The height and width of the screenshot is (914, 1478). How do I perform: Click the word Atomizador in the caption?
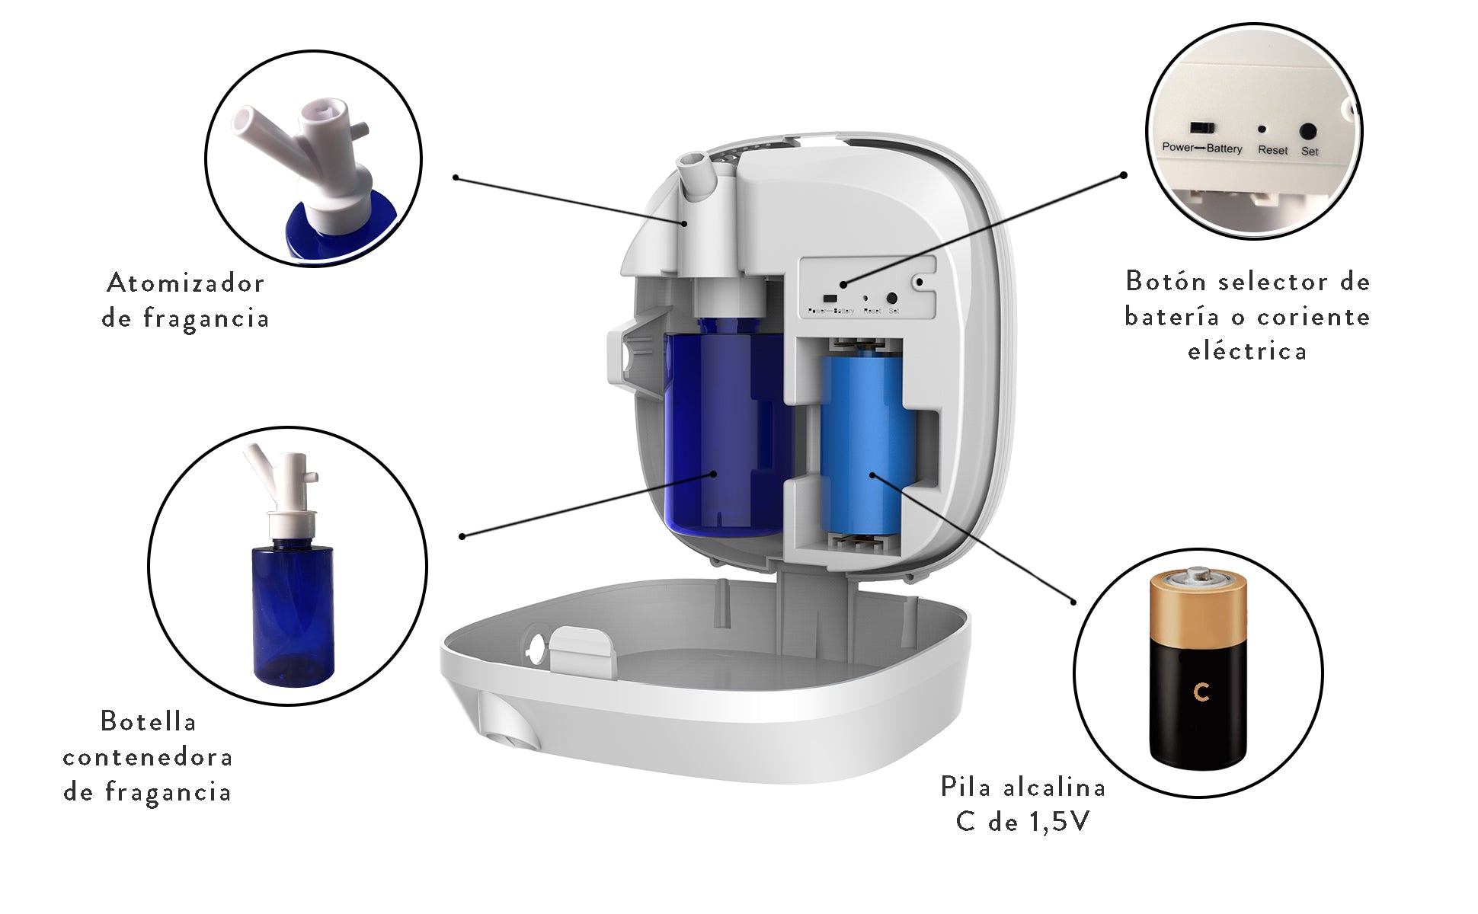(x=185, y=283)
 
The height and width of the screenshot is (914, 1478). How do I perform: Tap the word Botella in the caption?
(x=149, y=721)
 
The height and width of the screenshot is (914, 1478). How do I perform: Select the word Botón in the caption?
(x=1161, y=281)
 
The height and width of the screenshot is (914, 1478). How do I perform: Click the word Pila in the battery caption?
(x=966, y=787)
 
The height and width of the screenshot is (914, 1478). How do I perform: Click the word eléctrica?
(x=1247, y=351)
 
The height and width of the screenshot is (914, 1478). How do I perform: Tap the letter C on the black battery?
(x=1201, y=692)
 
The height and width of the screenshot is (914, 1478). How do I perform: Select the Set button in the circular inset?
(x=1309, y=131)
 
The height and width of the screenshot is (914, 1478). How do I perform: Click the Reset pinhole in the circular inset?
(x=1262, y=130)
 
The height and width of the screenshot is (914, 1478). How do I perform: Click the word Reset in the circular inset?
(x=1272, y=150)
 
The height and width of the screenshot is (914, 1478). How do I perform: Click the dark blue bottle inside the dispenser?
(x=720, y=434)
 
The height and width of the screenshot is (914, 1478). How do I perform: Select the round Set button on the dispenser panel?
(x=892, y=299)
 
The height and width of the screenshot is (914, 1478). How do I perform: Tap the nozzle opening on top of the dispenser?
(x=692, y=161)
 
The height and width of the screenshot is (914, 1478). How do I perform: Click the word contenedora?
(x=148, y=757)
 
